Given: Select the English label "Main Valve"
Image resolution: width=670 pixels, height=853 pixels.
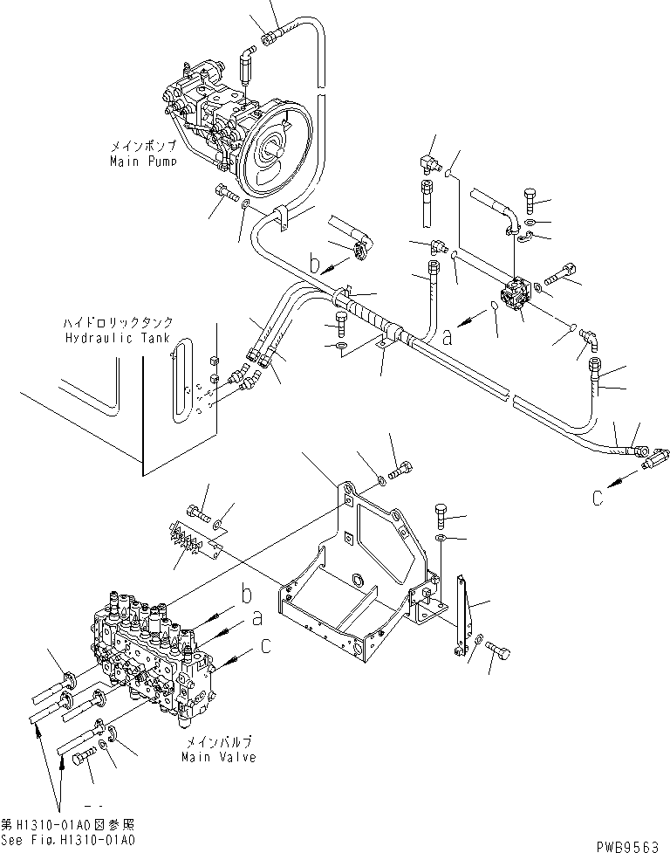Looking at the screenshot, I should click(x=219, y=757).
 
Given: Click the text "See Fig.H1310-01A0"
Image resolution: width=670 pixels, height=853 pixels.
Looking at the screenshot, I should click(x=68, y=840).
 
